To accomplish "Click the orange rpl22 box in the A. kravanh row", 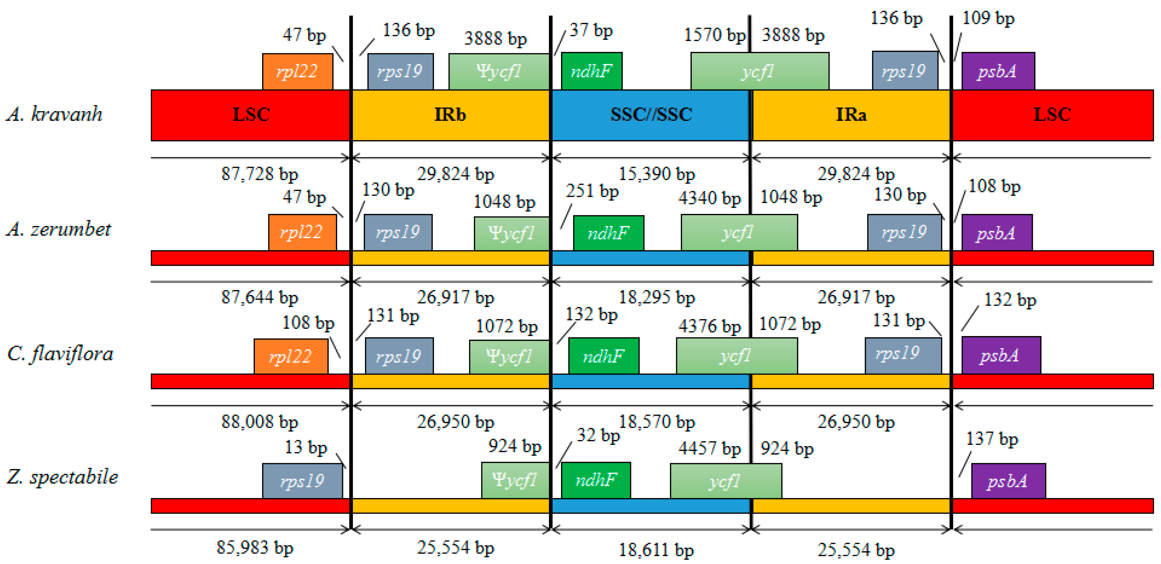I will [x=297, y=72].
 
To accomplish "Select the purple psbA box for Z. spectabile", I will [x=1008, y=481].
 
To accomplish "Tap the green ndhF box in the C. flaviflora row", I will [x=604, y=356].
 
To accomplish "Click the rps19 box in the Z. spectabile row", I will [x=302, y=481].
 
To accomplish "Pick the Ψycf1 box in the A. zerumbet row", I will [x=511, y=234].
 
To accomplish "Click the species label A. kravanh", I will [x=55, y=114].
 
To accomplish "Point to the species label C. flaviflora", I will [x=60, y=354].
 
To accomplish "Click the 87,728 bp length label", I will [x=259, y=174].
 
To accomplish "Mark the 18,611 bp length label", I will [x=656, y=550].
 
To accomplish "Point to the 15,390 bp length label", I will [x=657, y=174].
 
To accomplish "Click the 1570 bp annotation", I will [x=714, y=35].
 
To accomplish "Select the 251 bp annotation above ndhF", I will [x=592, y=191].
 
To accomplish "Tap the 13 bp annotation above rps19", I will [x=306, y=447].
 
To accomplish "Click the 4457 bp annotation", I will [x=709, y=449].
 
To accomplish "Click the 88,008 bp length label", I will [x=259, y=422].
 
